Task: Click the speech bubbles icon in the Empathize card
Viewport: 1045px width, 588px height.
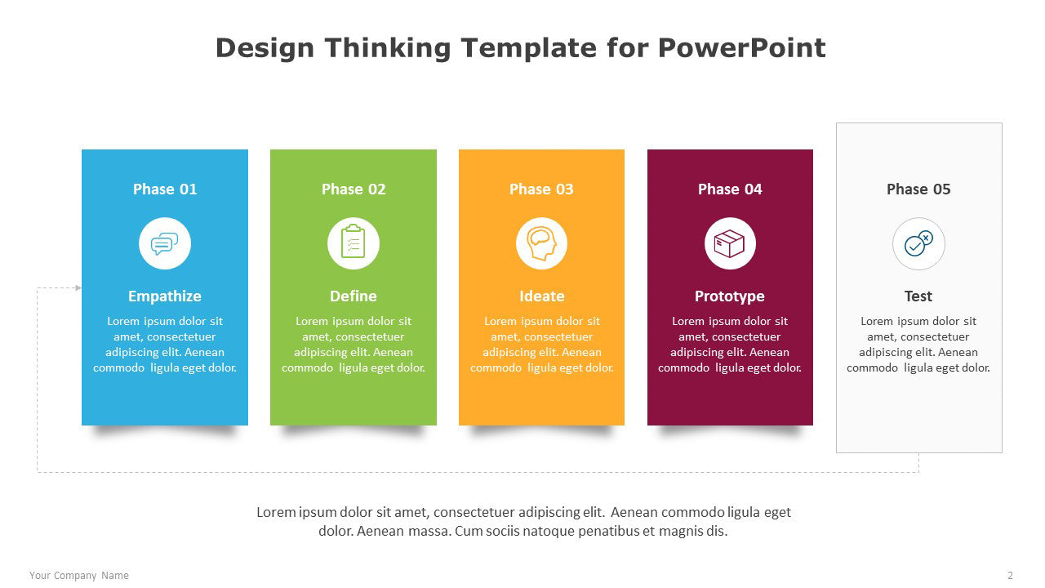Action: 165,243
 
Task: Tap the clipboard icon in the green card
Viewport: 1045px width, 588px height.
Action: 354,241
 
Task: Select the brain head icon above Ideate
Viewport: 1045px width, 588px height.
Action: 541,243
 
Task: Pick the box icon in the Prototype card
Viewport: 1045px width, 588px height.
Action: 730,243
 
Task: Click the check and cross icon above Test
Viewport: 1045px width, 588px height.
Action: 918,243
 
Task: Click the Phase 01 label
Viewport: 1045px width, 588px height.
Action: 165,189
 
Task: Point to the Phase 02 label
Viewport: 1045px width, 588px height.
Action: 354,189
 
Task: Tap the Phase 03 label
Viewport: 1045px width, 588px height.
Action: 541,189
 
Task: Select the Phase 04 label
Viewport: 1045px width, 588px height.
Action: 730,189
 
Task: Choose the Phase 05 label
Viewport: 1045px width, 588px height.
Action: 918,189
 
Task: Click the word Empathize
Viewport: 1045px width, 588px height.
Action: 165,296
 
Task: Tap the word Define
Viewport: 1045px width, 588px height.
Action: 354,296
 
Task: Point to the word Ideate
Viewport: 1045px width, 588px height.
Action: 541,296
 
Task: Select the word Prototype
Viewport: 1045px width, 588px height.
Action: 730,296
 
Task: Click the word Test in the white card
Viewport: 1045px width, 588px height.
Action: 918,296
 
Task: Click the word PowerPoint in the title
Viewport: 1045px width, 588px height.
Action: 742,47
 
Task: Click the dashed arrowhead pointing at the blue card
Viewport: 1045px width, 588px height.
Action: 78,288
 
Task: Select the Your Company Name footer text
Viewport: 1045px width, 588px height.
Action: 79,576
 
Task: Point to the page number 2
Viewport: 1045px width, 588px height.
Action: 1010,576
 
